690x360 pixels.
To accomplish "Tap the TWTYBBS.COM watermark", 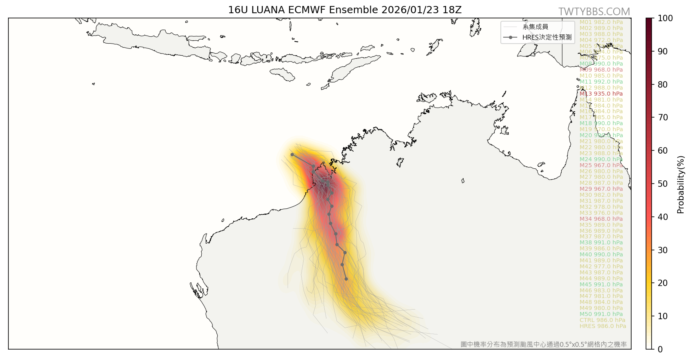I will point(594,12).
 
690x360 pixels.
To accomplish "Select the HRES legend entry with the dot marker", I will point(538,37).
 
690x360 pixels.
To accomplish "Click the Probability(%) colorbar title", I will point(681,184).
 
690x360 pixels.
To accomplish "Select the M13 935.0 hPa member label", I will point(601,94).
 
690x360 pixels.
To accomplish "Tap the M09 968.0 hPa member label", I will point(601,70).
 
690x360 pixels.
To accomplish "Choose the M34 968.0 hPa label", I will point(601,219).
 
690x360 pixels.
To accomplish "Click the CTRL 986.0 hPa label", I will point(602,320).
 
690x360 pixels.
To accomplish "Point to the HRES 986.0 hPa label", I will point(602,326).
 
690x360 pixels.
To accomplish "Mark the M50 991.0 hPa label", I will point(601,314).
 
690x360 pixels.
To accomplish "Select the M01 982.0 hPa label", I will point(601,22).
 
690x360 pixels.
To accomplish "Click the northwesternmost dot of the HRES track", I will point(292,154).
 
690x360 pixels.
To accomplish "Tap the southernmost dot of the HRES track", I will point(346,279).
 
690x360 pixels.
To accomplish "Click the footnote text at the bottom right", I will point(543,344).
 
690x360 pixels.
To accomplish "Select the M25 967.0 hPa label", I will point(601,165).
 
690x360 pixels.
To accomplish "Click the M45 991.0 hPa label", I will point(601,284).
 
